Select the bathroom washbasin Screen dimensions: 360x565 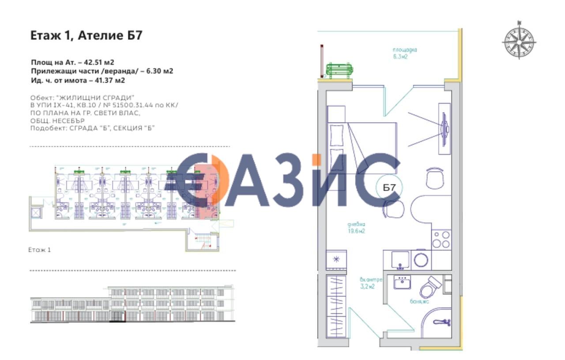(402, 282)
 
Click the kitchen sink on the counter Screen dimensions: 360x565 (400, 259)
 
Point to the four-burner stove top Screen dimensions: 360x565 (441, 239)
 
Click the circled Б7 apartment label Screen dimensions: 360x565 (389, 187)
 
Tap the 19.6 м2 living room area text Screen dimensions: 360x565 (357, 231)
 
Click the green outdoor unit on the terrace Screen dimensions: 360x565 (339, 70)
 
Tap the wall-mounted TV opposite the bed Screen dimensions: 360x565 (444, 128)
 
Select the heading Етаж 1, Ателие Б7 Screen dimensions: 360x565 (86, 35)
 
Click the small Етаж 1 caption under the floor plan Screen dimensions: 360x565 (40, 250)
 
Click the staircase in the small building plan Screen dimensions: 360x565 (203, 242)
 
